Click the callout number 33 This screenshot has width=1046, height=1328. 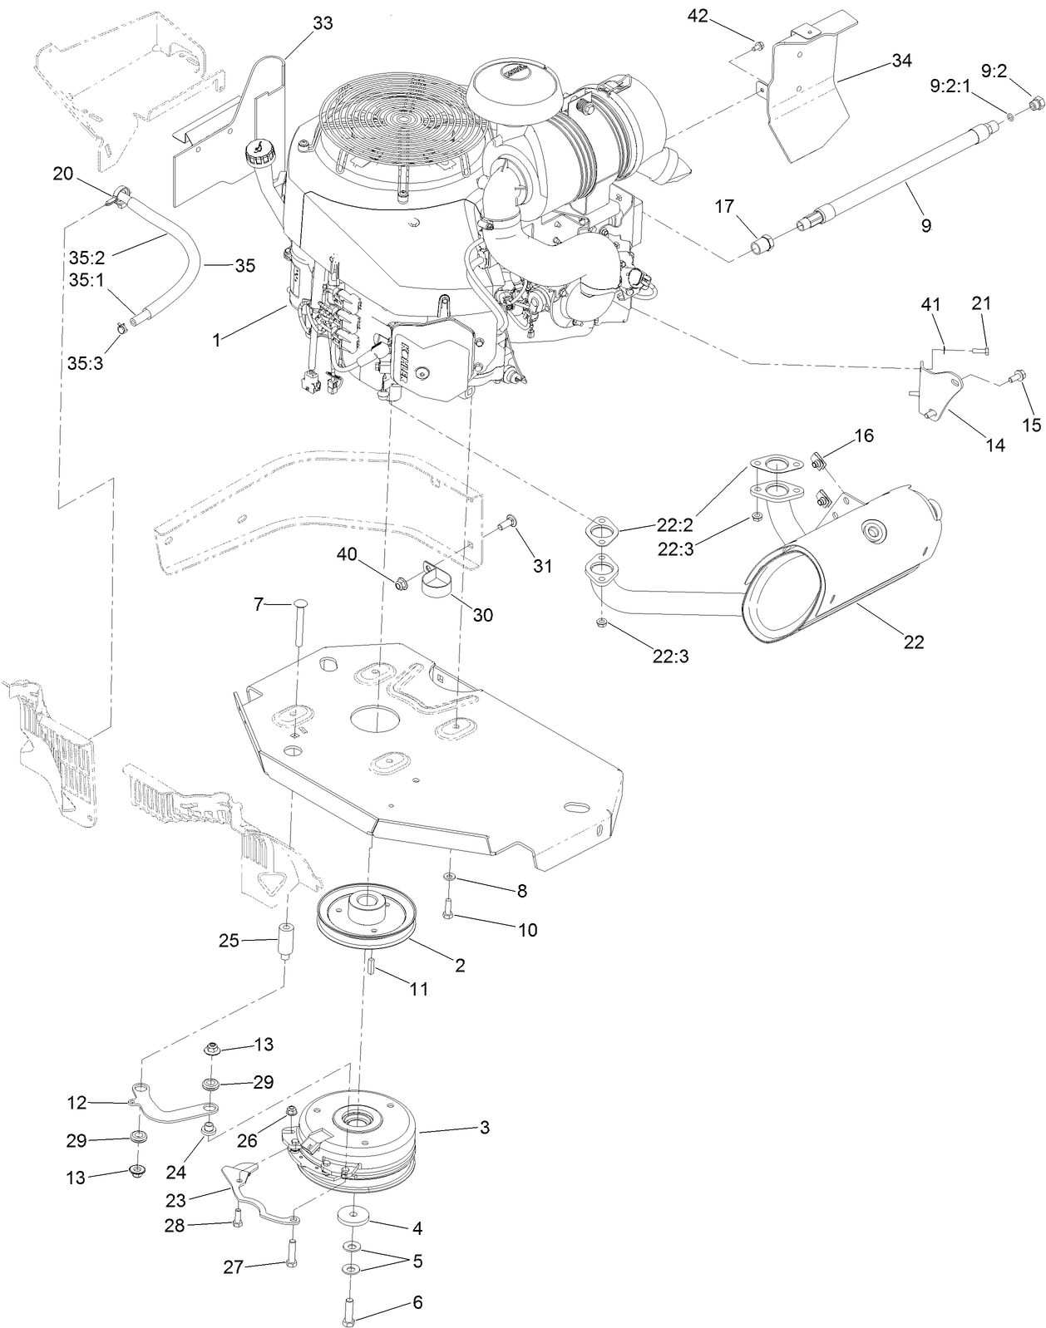pyautogui.click(x=322, y=23)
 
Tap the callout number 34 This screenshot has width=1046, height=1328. pyautogui.click(x=901, y=61)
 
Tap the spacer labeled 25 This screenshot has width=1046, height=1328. pyautogui.click(x=285, y=942)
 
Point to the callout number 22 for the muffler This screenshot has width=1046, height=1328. pyautogui.click(x=914, y=642)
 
